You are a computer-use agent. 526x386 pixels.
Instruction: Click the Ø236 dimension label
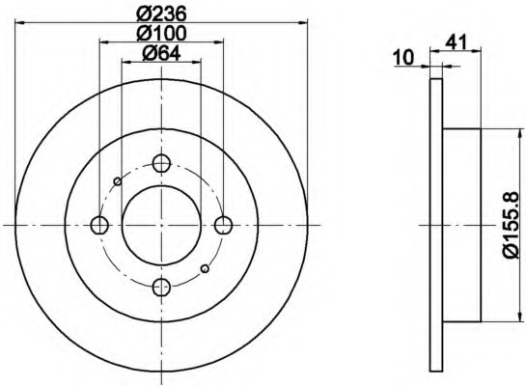(161, 14)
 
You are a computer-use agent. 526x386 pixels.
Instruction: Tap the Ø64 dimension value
(161, 54)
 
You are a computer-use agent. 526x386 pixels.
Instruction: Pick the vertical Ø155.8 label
(512, 225)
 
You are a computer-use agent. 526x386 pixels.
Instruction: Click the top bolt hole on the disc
(161, 163)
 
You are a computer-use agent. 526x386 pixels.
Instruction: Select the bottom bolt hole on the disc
(161, 287)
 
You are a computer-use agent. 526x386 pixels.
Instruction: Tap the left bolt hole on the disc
(98, 225)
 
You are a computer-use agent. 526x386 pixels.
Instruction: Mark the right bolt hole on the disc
(223, 225)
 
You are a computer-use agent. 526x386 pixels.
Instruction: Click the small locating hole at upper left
(118, 181)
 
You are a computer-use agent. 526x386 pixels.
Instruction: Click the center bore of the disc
(161, 225)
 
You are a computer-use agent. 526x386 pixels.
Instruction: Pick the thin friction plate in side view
(434, 225)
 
